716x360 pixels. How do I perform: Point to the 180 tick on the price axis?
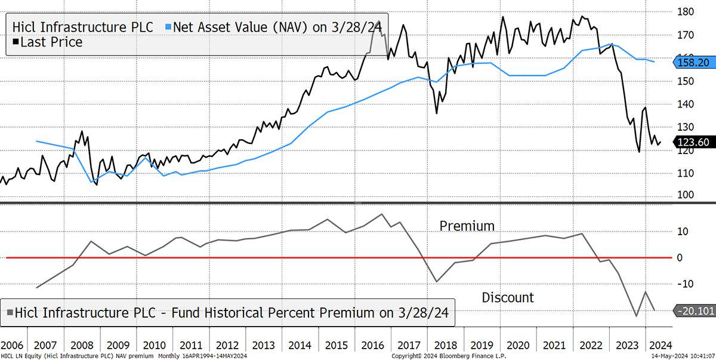(x=686, y=12)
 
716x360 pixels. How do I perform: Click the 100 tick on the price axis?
(x=686, y=195)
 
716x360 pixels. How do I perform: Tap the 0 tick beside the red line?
(x=680, y=258)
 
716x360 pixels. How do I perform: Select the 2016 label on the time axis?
(x=372, y=345)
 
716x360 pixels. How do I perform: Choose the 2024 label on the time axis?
(x=661, y=345)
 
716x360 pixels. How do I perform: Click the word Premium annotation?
(x=467, y=226)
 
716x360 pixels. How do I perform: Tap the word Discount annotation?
(x=508, y=298)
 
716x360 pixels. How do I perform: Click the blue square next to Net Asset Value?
(x=168, y=27)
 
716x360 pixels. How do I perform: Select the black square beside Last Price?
(x=16, y=42)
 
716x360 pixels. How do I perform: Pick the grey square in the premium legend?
(x=10, y=312)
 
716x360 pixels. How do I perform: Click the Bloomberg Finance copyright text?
(x=449, y=356)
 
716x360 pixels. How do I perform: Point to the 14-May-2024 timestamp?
(x=683, y=356)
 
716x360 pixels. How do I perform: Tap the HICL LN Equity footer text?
(x=124, y=356)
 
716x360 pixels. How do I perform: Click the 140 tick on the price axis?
(x=686, y=104)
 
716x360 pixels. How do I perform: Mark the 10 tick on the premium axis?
(x=683, y=232)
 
